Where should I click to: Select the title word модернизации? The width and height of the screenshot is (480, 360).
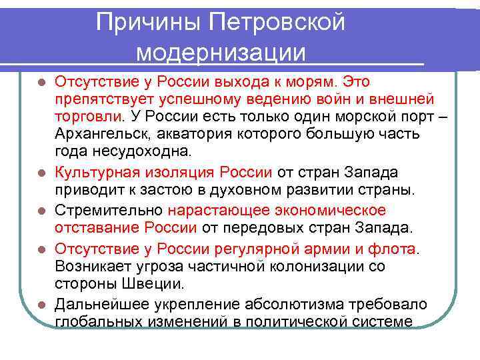tap(221, 53)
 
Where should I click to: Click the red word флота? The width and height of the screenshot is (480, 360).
tap(397, 249)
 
